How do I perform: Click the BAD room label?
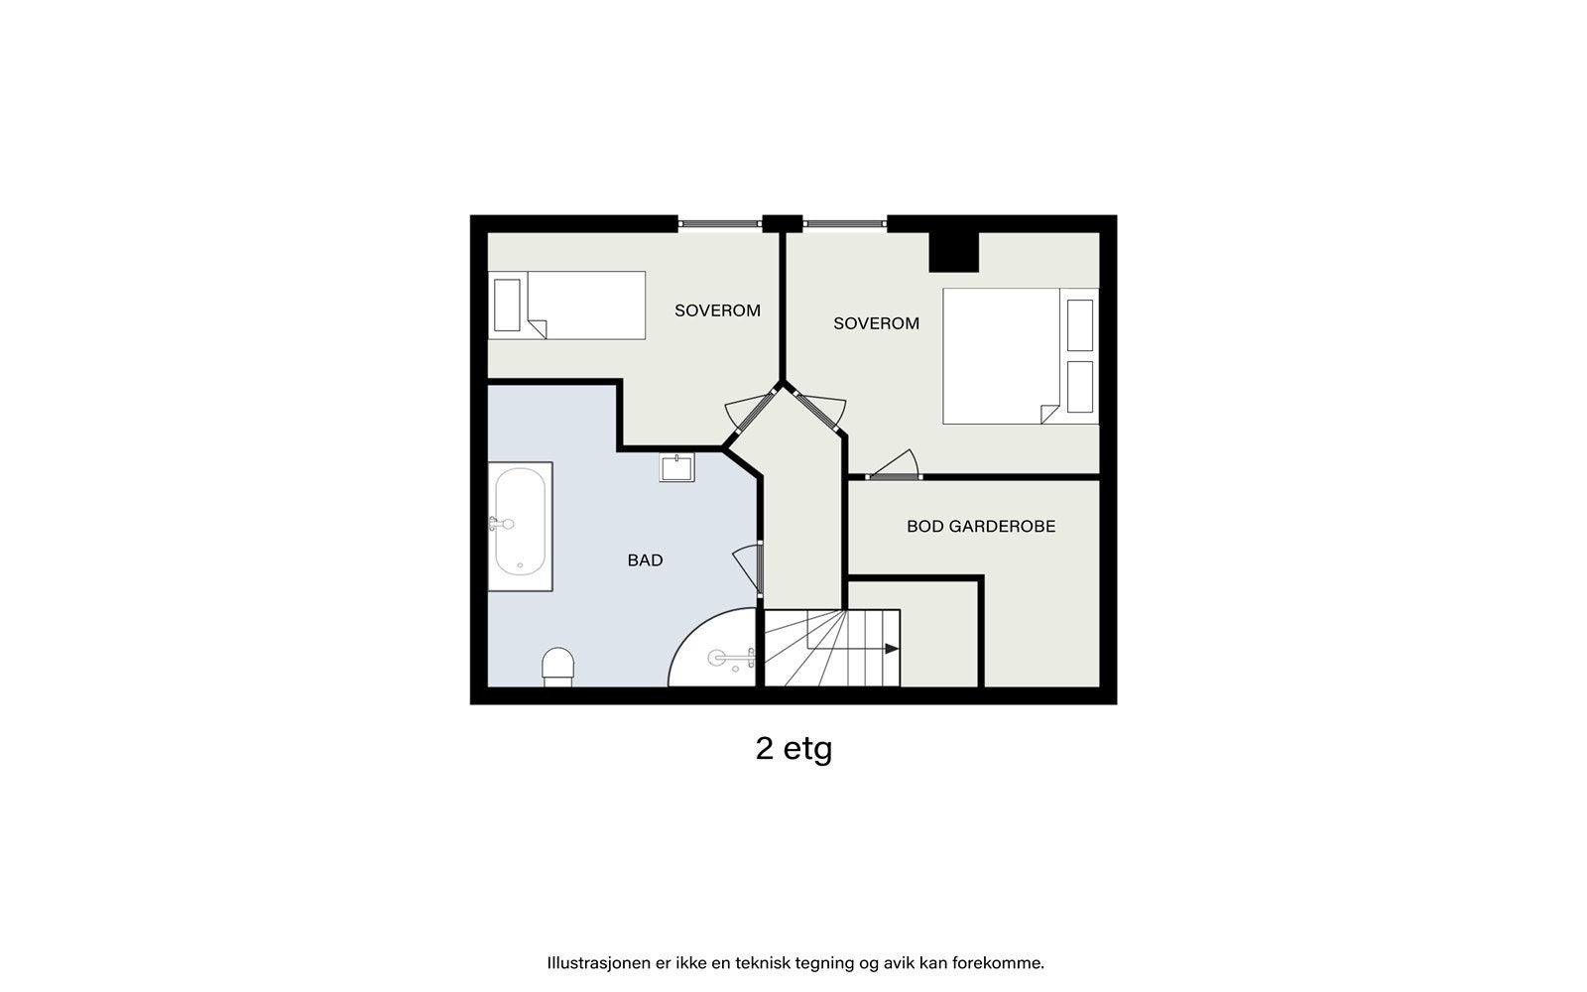[645, 560]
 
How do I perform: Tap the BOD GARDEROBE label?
[980, 527]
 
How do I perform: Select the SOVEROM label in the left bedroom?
[717, 310]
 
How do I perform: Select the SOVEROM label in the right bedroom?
[876, 323]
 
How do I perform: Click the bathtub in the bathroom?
[520, 523]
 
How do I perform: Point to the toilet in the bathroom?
[558, 667]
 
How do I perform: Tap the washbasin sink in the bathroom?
[677, 467]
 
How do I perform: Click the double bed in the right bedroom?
[1002, 356]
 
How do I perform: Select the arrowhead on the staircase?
[892, 649]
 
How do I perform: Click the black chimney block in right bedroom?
[953, 252]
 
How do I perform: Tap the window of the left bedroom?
[719, 224]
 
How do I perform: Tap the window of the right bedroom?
[843, 224]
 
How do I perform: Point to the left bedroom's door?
[749, 410]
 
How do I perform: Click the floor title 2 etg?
[793, 748]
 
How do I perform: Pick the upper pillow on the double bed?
[1079, 324]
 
